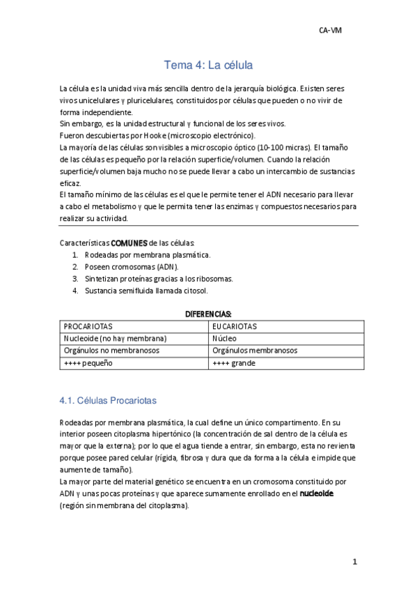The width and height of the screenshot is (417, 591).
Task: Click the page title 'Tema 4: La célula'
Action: tap(207, 66)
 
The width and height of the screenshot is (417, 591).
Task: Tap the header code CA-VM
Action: tap(330, 31)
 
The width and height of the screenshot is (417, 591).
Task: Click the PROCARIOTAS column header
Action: tap(88, 326)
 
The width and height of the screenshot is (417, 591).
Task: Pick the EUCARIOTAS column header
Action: tap(235, 326)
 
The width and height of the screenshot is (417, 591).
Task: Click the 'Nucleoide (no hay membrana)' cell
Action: tap(115, 339)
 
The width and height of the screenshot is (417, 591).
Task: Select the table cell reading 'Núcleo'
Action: tap(225, 339)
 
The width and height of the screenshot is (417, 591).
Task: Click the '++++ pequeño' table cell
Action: tap(88, 363)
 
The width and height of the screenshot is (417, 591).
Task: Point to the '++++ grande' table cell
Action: tap(234, 363)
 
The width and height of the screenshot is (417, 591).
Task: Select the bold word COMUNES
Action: tap(129, 243)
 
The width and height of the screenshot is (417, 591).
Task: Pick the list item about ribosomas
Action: tap(159, 279)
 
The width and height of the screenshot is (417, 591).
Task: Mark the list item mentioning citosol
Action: tap(146, 291)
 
